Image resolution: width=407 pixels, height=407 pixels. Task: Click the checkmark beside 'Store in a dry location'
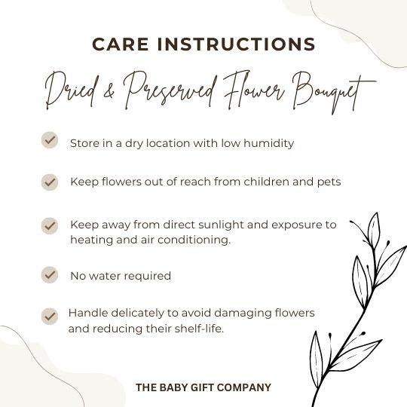(50, 140)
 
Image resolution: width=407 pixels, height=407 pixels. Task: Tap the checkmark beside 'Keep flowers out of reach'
(50, 182)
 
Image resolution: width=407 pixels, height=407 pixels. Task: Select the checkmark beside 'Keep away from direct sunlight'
(50, 225)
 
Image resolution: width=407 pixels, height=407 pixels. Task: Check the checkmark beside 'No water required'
(50, 274)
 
